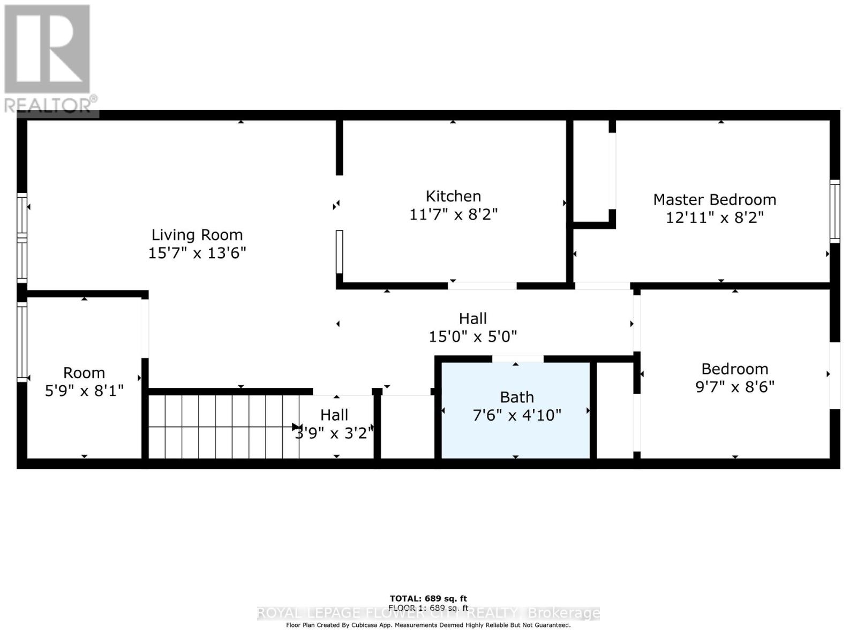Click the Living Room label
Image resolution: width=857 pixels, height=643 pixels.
[x=197, y=235]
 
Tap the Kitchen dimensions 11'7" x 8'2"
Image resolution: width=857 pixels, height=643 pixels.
[x=453, y=214]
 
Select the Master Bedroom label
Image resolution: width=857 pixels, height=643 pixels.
[x=714, y=199]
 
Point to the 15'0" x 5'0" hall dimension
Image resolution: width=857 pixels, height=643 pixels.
[x=472, y=337]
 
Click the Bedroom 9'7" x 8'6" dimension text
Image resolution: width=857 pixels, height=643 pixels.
[x=734, y=387]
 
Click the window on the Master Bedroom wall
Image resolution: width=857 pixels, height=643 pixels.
[x=835, y=211]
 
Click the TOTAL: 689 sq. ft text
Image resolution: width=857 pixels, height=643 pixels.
[x=428, y=599]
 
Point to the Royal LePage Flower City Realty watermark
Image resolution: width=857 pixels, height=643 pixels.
[x=428, y=613]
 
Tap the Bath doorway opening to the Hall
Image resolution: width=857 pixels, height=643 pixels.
[x=517, y=358]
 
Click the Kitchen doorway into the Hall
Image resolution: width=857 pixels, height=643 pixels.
[x=482, y=286]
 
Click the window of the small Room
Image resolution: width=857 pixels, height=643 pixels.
[x=22, y=341]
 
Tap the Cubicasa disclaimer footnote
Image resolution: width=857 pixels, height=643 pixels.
[x=428, y=625]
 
